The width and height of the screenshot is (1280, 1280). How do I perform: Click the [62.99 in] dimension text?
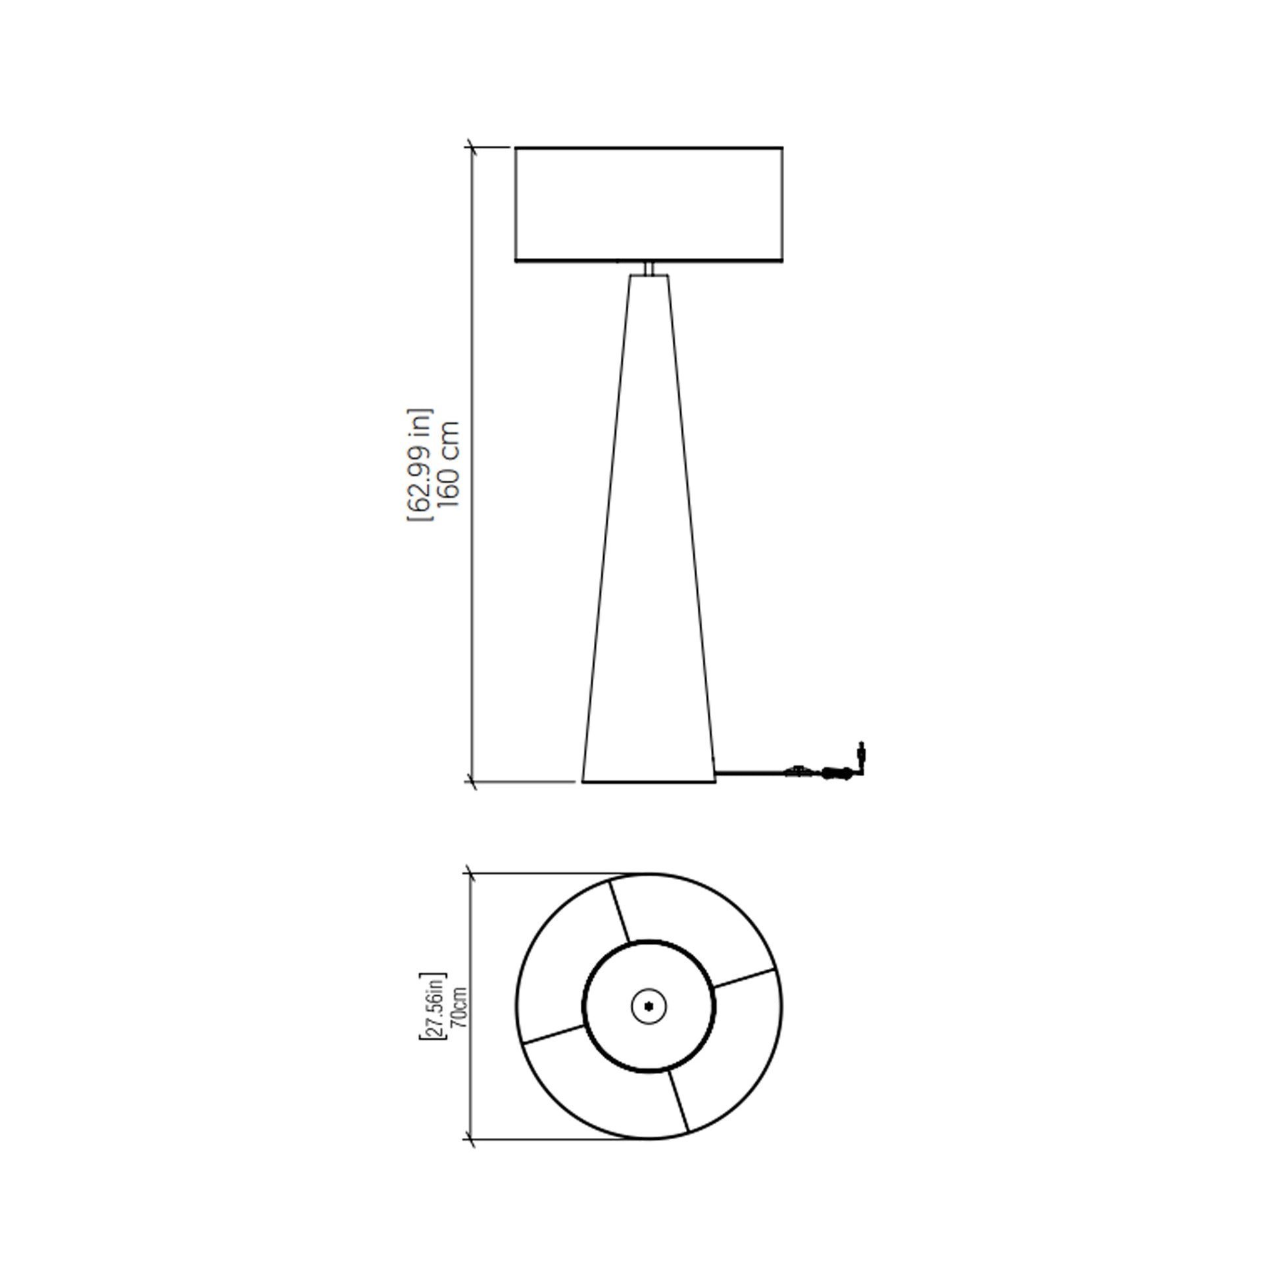pos(420,464)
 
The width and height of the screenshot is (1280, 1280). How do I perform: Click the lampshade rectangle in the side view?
pos(649,204)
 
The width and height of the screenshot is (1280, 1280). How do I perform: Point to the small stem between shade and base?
pos(649,268)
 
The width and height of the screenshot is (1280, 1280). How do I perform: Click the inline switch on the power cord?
pos(798,771)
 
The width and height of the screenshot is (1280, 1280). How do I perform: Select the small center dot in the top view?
pos(649,1006)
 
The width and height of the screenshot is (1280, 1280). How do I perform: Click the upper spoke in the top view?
pos(620,910)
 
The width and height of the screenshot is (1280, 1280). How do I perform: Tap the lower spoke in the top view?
pos(678,1100)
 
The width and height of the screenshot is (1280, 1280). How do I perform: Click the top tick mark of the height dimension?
pos(472,147)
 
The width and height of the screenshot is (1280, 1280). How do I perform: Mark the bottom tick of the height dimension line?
pos(472,783)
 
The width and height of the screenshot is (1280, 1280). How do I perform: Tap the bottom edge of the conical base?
pos(649,783)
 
